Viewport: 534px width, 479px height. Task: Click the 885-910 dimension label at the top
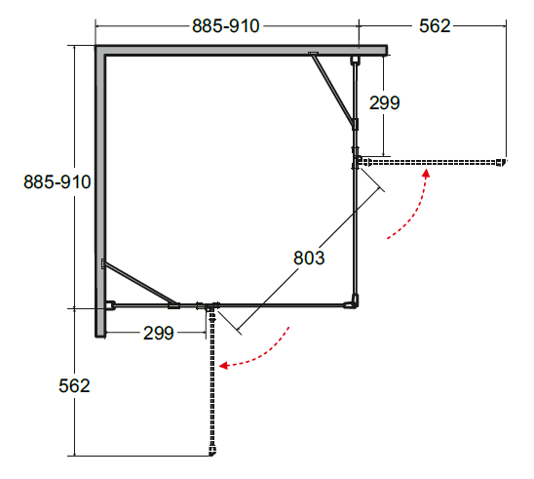[226, 26]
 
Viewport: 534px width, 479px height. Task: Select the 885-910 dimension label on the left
[57, 181]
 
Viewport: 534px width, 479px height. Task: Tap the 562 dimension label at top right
[435, 26]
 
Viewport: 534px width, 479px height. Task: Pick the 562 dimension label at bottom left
[74, 385]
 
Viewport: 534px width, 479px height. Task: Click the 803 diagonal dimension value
[309, 258]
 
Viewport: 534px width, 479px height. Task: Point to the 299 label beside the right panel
[385, 102]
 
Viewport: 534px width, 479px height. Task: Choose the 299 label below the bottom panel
[159, 333]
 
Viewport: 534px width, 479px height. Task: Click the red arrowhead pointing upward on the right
[426, 173]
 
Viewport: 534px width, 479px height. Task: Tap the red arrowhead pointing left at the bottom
[223, 366]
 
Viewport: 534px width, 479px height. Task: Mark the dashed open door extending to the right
[433, 162]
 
